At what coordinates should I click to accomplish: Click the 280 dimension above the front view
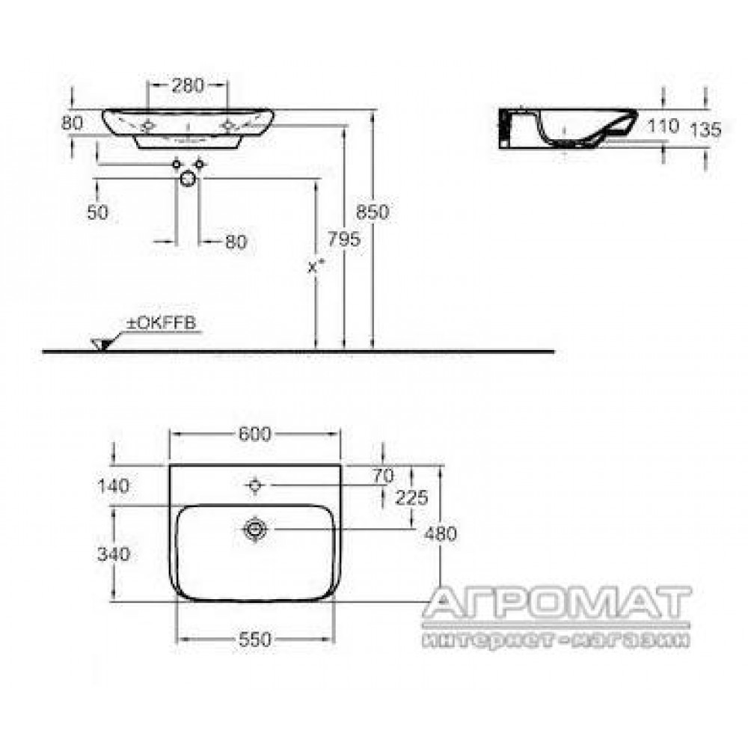pyautogui.click(x=188, y=85)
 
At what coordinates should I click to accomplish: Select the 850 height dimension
pyautogui.click(x=373, y=212)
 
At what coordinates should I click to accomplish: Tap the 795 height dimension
pyautogui.click(x=343, y=239)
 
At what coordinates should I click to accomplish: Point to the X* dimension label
pyautogui.click(x=316, y=266)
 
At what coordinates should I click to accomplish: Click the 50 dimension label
pyautogui.click(x=98, y=212)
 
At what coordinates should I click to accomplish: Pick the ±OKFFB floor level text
pyautogui.click(x=162, y=323)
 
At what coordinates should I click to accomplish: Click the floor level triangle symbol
pyautogui.click(x=102, y=344)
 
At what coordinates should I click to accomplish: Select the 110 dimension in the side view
pyautogui.click(x=663, y=126)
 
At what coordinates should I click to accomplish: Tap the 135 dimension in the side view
pyautogui.click(x=706, y=129)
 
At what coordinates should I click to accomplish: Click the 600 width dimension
pyautogui.click(x=255, y=434)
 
